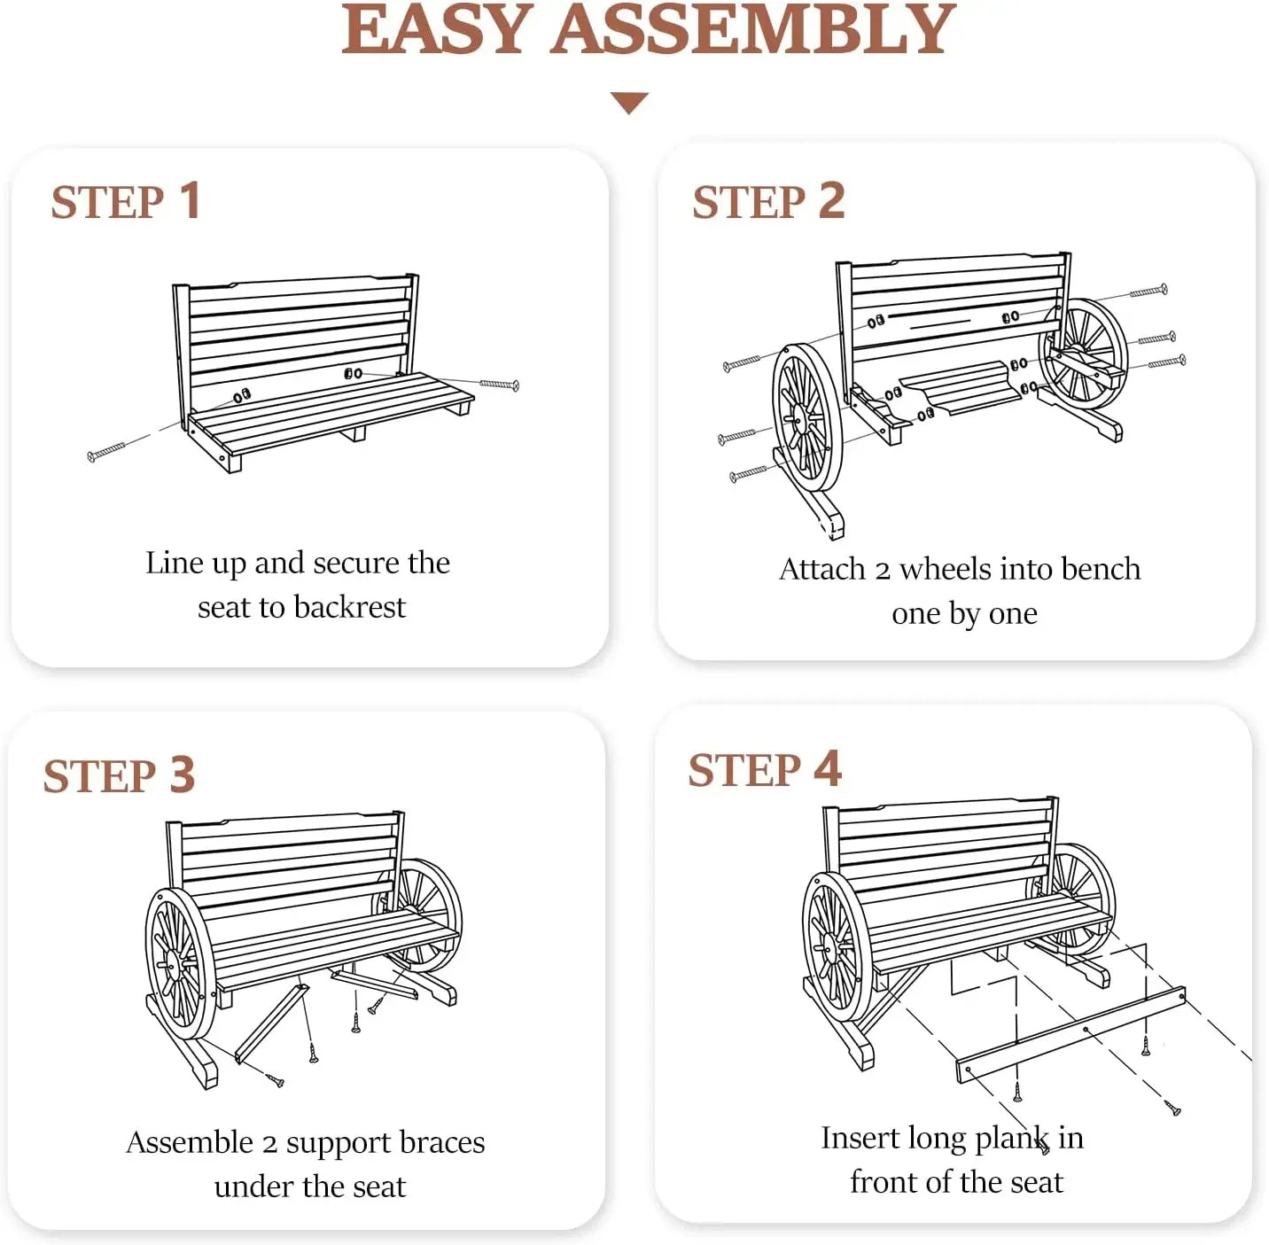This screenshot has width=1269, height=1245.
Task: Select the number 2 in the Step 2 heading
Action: [x=831, y=200]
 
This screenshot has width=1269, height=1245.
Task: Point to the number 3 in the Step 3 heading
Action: [x=182, y=774]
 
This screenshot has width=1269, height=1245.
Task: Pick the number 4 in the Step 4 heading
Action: [x=827, y=768]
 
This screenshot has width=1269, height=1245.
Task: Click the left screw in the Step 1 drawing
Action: [x=106, y=453]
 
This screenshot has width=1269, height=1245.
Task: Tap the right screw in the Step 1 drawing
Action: [x=499, y=384]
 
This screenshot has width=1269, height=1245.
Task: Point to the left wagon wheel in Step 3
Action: [x=180, y=962]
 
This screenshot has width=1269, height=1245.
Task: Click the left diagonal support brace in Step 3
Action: [x=271, y=1023]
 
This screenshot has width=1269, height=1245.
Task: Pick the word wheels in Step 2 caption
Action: [x=946, y=569]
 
